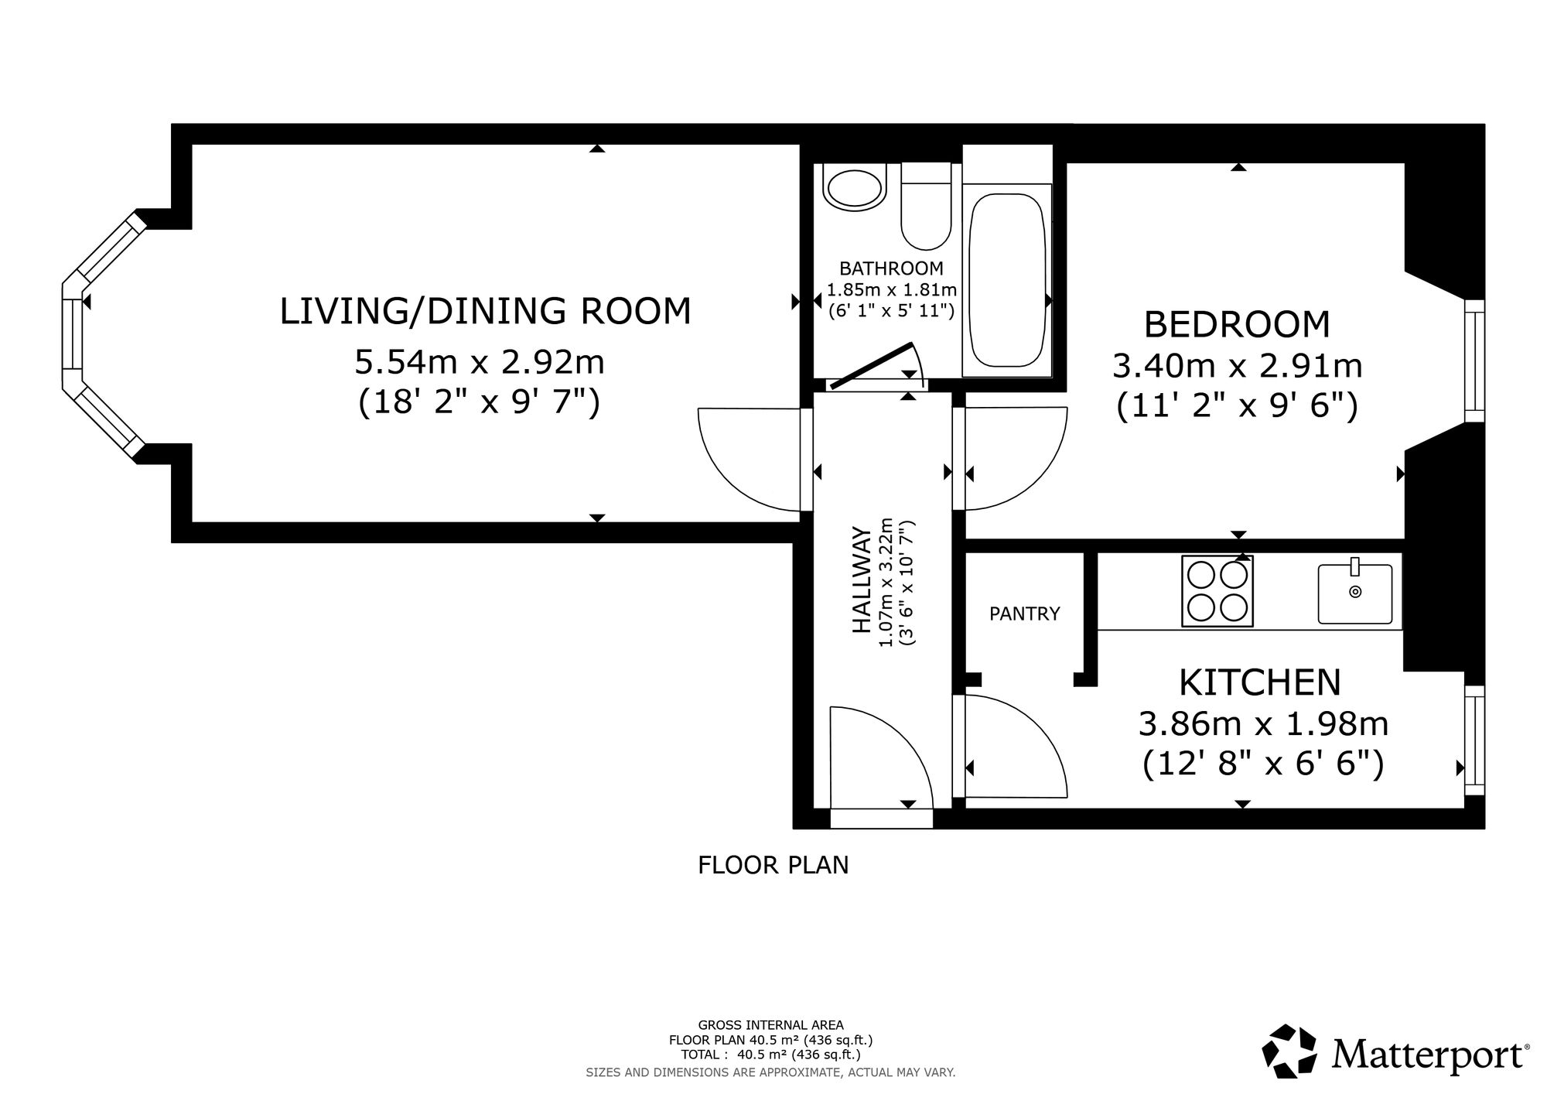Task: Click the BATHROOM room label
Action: tap(891, 268)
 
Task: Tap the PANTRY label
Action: tap(1025, 614)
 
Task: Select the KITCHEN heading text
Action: tap(1260, 682)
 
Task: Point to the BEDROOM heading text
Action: tap(1237, 324)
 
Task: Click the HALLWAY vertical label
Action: tap(861, 580)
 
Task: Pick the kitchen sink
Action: tap(1355, 592)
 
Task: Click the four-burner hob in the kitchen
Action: tap(1217, 591)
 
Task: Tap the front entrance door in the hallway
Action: tap(881, 758)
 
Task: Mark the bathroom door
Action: tap(870, 365)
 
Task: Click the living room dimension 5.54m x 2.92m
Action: tap(480, 361)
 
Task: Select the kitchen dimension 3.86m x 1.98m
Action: tap(1263, 724)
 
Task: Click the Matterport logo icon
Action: tap(1289, 1051)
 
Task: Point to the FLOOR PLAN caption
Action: tap(773, 865)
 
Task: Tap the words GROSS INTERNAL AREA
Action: tap(771, 1026)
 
